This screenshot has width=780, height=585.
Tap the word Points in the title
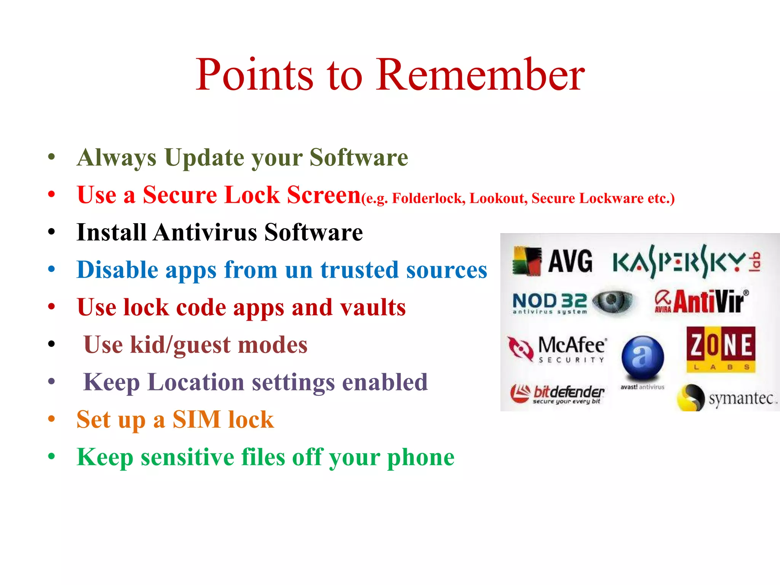[254, 75]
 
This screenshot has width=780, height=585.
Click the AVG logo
[552, 261]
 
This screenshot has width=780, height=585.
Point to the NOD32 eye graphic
[612, 302]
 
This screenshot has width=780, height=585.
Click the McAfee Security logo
[558, 348]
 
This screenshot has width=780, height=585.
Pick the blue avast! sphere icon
[643, 357]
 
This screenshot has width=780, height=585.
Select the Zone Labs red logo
[721, 349]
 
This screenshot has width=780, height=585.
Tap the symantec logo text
[741, 398]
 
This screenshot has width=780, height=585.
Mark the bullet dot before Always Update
[52, 157]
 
